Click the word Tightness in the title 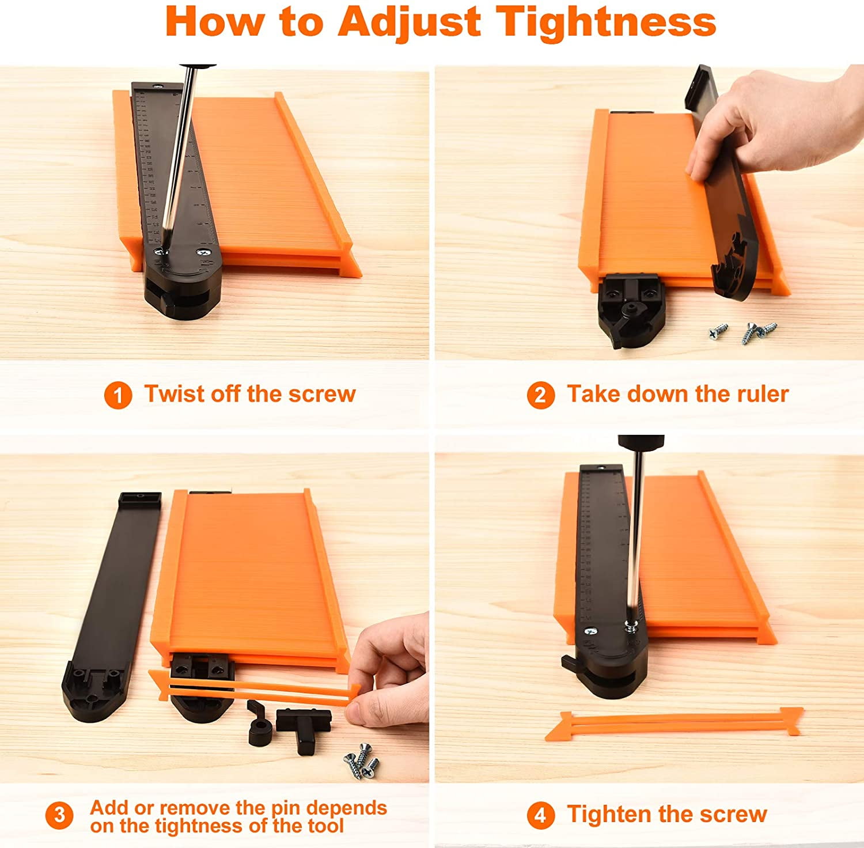click(606, 22)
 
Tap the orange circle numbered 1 click(118, 395)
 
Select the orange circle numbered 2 click(540, 395)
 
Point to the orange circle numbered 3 click(59, 816)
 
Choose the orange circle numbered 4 click(540, 816)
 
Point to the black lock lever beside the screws click(260, 724)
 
